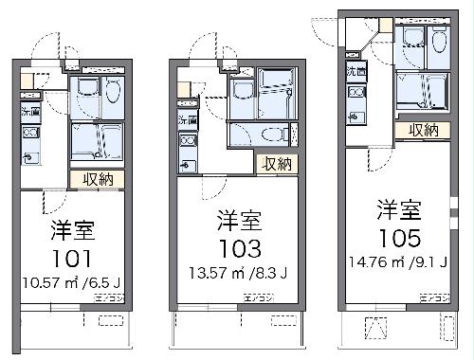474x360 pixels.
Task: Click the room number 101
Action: [71, 259]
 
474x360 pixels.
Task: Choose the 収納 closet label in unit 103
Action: [277, 164]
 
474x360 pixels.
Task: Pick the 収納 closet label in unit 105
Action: [424, 130]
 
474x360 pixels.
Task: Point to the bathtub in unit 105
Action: [421, 92]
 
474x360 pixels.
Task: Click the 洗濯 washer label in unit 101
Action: [30, 111]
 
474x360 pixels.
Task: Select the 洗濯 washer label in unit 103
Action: [186, 119]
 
